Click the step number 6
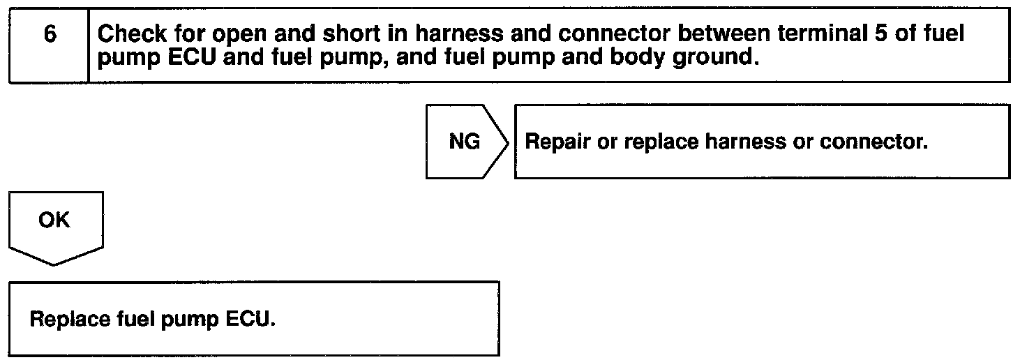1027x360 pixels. pos(50,36)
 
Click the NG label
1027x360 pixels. pos(463,142)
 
